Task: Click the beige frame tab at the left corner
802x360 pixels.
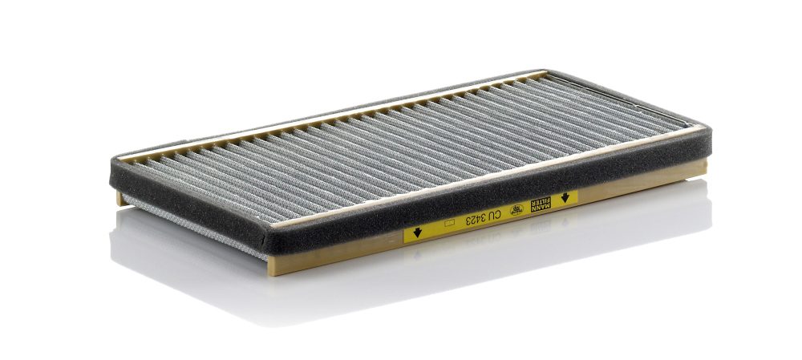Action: pyautogui.click(x=120, y=197)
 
